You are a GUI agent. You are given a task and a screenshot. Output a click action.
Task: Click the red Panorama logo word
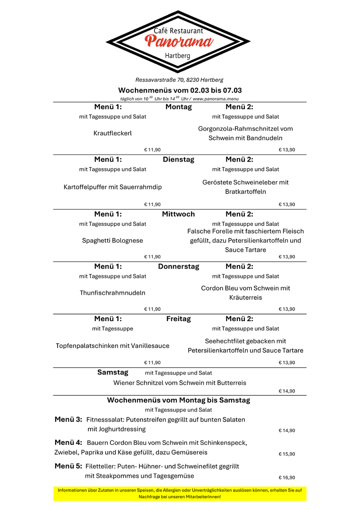[x=178, y=42]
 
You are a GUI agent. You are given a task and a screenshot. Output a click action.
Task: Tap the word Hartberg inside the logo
[x=178, y=56]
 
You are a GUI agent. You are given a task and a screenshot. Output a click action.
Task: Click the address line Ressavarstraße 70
[x=179, y=80]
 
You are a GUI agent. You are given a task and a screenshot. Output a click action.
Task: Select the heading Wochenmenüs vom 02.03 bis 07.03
[x=180, y=90]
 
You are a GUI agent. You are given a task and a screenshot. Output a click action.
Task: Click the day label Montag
[x=178, y=107]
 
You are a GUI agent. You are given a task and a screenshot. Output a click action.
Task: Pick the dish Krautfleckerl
[x=113, y=133]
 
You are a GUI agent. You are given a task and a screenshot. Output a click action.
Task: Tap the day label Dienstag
[x=178, y=160]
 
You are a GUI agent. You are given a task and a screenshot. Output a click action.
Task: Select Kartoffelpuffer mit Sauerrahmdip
[x=113, y=187]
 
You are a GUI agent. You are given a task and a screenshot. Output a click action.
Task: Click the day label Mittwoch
[x=178, y=214]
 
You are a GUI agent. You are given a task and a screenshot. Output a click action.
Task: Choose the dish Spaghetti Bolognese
[x=113, y=240]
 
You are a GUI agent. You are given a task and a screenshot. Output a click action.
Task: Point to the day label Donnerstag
[x=178, y=266]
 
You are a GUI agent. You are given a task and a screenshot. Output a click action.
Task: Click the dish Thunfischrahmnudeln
[x=113, y=293]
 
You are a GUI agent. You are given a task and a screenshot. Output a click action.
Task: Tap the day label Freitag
[x=178, y=319]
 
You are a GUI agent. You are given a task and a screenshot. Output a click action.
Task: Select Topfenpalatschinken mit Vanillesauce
[x=113, y=346]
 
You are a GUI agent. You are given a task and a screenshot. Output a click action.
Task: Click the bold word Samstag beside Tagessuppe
[x=113, y=372]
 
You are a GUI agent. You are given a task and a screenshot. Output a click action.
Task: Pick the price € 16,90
[x=287, y=477]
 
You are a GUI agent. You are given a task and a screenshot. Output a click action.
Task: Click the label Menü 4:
[x=68, y=442]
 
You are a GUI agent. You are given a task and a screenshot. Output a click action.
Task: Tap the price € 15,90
[x=287, y=454]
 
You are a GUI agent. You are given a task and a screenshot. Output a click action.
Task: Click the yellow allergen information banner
[x=180, y=493]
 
